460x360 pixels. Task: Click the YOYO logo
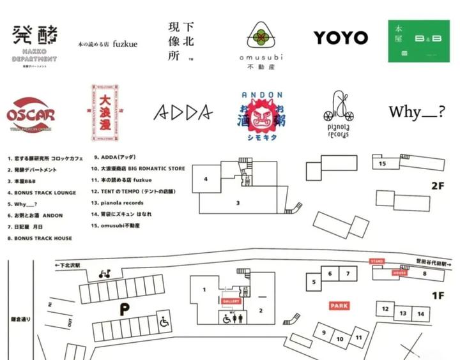tap(341, 38)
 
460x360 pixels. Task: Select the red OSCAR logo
tap(31, 115)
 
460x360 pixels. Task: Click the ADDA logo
tap(183, 112)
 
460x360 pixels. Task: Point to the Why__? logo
tap(417, 112)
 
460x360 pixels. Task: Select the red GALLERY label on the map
tap(231, 301)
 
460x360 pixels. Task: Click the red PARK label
tap(339, 306)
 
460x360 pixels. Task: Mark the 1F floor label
tap(438, 295)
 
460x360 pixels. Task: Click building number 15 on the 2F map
tap(383, 164)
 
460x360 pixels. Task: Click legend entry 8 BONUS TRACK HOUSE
tap(40, 238)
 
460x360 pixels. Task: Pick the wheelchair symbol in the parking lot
tap(165, 322)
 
